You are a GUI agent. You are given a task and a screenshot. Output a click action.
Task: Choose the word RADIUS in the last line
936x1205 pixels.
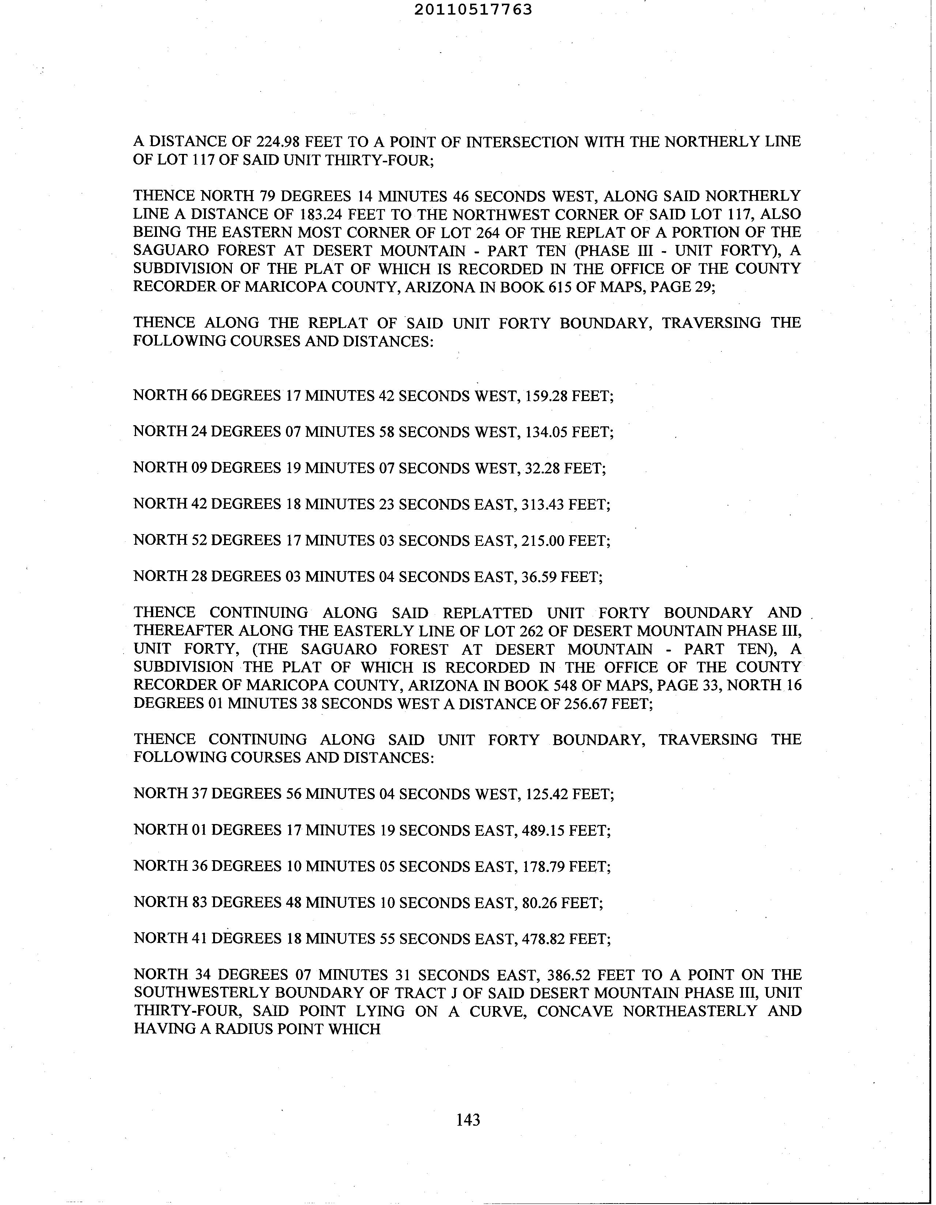[x=240, y=1029]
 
